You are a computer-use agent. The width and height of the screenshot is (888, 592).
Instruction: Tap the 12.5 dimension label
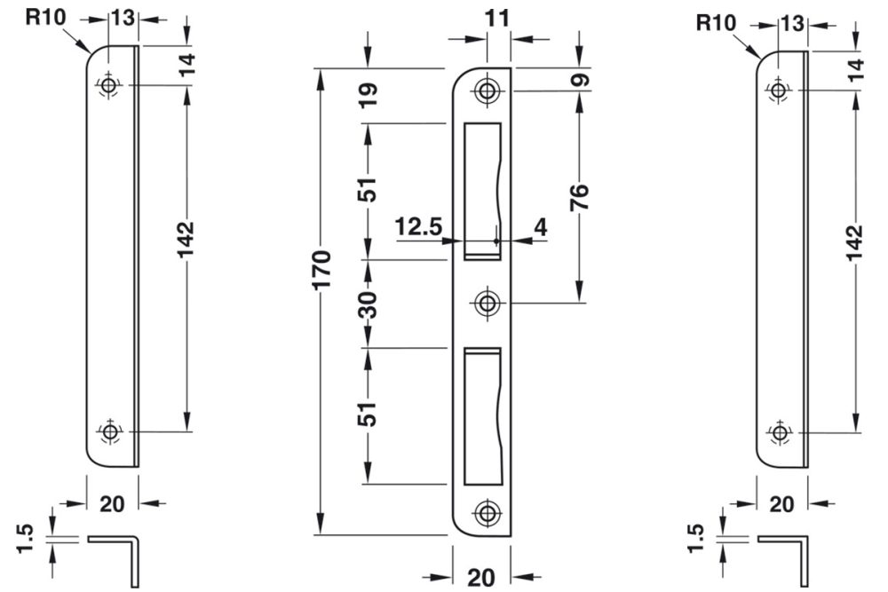pos(419,227)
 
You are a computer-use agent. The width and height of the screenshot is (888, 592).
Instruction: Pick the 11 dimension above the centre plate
pos(486,17)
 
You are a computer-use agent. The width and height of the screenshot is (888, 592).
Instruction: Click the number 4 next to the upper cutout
pos(539,227)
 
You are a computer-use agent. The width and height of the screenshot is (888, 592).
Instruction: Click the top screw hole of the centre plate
pos(486,91)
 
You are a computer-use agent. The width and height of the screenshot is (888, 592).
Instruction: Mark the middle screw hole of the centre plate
pos(486,304)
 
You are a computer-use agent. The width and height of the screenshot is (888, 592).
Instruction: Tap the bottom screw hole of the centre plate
pos(486,512)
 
